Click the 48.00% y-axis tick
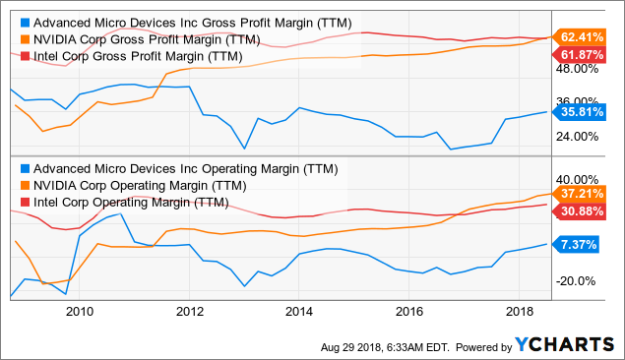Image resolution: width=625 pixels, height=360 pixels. coord(578,70)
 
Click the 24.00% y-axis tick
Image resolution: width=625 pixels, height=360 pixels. coord(578,137)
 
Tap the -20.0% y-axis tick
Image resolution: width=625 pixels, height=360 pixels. coord(578,281)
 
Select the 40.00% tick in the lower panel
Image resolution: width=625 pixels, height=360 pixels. coord(578,178)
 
